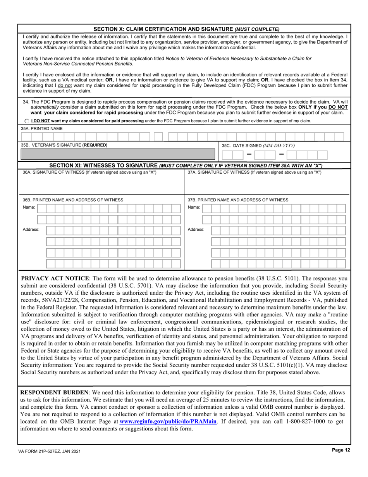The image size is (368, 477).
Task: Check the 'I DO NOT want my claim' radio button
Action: pyautogui.click(x=26, y=121)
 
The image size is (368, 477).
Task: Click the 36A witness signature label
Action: pyautogui.click(x=89, y=172)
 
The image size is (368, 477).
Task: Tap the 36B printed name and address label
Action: pyautogui.click(x=73, y=200)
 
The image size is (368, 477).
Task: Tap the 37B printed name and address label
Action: pyautogui.click(x=238, y=200)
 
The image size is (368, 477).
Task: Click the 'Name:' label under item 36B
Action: pyautogui.click(x=29, y=207)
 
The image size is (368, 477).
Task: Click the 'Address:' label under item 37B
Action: pyautogui.click(x=196, y=230)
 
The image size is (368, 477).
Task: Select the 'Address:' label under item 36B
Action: pyautogui.click(x=31, y=230)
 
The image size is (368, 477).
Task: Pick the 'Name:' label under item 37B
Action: pyautogui.click(x=194, y=207)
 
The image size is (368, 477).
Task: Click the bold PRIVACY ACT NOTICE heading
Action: pyautogui.click(x=55, y=278)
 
